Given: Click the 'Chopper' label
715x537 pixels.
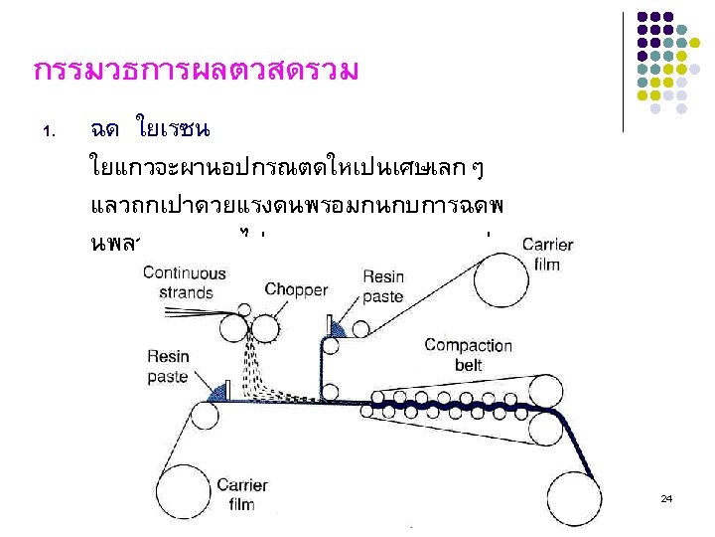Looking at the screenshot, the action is pyautogui.click(x=296, y=289).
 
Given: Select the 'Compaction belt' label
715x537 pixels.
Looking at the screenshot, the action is pyautogui.click(x=468, y=355).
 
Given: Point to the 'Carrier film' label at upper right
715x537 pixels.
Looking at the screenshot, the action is pyautogui.click(x=546, y=253).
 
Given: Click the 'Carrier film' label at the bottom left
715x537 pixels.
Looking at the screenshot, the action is pyautogui.click(x=241, y=494).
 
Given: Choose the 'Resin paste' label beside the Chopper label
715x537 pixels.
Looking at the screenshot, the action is pyautogui.click(x=382, y=286).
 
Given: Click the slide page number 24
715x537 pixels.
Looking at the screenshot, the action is pyautogui.click(x=666, y=497).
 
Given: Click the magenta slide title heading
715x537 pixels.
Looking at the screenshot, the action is pyautogui.click(x=195, y=73).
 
